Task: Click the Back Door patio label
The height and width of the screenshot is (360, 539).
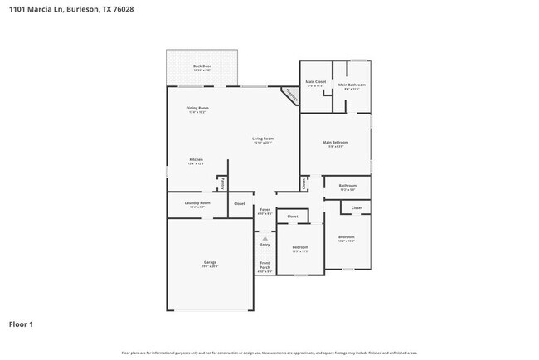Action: click(x=202, y=66)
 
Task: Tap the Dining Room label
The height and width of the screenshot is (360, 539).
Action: click(x=197, y=109)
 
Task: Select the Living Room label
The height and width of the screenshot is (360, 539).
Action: click(x=263, y=139)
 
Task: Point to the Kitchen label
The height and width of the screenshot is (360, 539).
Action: click(x=196, y=160)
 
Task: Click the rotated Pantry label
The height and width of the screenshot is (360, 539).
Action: click(x=221, y=183)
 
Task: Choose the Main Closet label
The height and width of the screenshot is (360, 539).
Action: click(x=315, y=82)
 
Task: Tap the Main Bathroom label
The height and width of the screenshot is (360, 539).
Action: click(x=351, y=85)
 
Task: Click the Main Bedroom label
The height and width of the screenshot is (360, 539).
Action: click(x=335, y=144)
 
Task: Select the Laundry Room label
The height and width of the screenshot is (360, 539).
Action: click(x=197, y=203)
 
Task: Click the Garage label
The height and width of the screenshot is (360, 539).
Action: click(x=210, y=263)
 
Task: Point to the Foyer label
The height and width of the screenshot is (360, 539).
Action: click(x=265, y=211)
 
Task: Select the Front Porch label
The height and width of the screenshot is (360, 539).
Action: click(x=265, y=267)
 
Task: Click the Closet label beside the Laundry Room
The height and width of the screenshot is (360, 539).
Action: click(x=239, y=203)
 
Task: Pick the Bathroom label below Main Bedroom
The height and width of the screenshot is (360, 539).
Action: click(x=347, y=186)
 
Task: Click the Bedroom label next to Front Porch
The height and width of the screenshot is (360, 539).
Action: click(x=299, y=248)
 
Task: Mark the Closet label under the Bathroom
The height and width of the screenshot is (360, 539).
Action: click(x=356, y=207)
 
